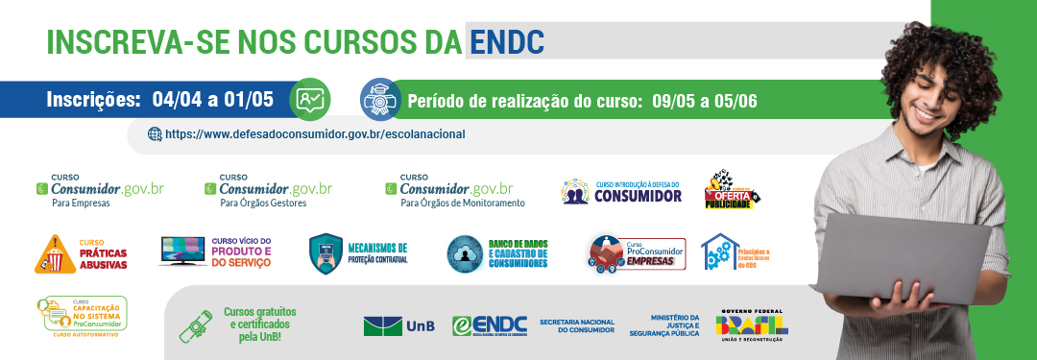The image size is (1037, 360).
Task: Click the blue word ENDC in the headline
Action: (x=507, y=42)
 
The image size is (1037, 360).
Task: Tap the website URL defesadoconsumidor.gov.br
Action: (x=315, y=134)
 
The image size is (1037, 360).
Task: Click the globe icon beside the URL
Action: (x=155, y=134)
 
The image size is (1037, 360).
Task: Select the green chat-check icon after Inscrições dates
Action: (x=309, y=98)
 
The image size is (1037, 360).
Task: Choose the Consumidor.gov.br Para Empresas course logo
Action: (x=100, y=190)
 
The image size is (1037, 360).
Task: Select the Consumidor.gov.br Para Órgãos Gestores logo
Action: (x=268, y=190)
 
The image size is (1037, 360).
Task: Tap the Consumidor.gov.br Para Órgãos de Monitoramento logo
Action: (x=454, y=190)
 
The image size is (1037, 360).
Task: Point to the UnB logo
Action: (x=398, y=325)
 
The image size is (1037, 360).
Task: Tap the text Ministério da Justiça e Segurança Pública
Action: (x=675, y=325)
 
